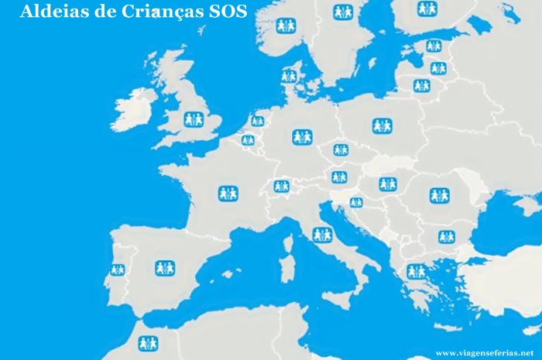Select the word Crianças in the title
click(x=147, y=12)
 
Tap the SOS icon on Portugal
click(x=118, y=270)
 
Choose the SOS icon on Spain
click(x=165, y=268)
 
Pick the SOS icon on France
click(x=228, y=193)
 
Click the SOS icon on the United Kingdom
click(x=194, y=119)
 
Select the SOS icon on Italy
click(x=322, y=235)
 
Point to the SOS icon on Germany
click(x=302, y=137)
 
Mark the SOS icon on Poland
click(x=382, y=125)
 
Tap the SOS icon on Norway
click(x=286, y=26)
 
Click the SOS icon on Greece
click(x=417, y=271)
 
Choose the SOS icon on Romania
click(x=439, y=196)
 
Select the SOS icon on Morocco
click(x=148, y=343)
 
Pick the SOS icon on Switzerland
click(x=281, y=187)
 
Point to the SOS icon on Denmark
click(x=289, y=76)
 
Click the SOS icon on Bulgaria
click(x=446, y=236)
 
